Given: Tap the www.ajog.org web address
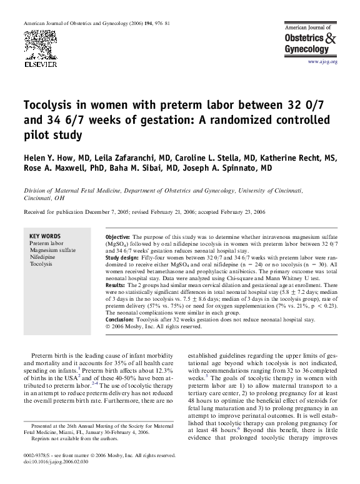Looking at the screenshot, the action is (322, 62).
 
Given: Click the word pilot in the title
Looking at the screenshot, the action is (38, 134).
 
